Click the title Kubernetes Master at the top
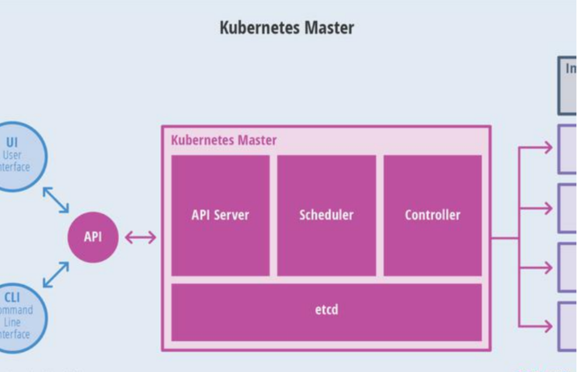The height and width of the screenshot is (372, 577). [x=287, y=27]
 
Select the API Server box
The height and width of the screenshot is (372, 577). [x=220, y=215]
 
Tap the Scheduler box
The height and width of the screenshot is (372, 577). [x=326, y=215]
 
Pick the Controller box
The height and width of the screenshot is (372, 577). [x=432, y=215]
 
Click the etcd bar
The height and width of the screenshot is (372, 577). [x=326, y=310]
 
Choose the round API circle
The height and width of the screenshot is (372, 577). [x=92, y=237]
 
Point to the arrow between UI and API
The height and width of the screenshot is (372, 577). [x=56, y=200]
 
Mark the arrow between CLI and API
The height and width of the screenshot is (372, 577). [x=56, y=274]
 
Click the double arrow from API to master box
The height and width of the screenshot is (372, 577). [x=141, y=237]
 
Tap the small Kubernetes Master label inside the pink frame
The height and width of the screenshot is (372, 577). [x=224, y=141]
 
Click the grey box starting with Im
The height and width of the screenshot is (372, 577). [x=567, y=85]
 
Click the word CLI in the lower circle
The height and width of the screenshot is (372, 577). [x=12, y=298]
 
